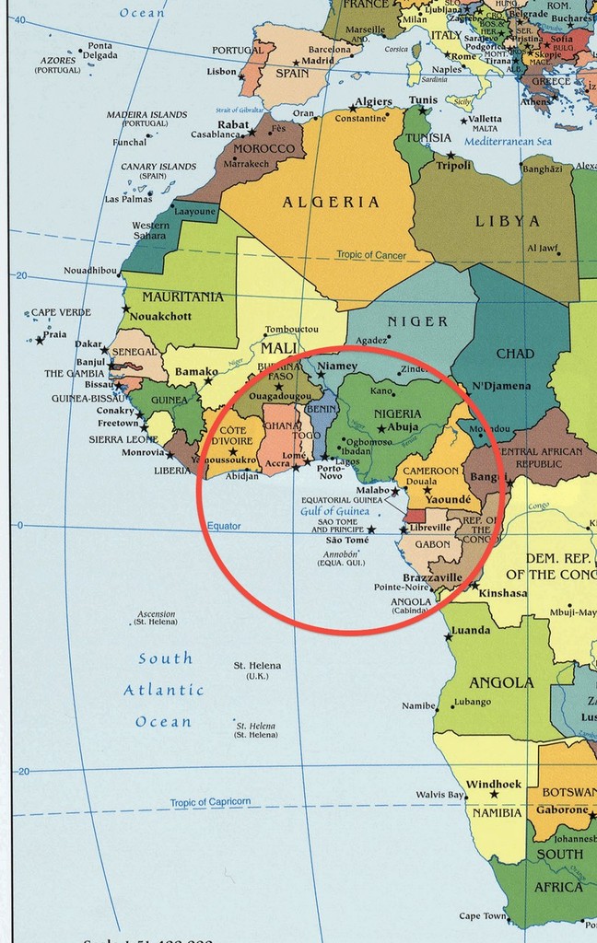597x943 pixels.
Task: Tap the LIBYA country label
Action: [x=507, y=221]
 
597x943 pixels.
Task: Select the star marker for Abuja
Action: [x=381, y=429]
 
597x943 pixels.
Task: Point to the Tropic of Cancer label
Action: [x=371, y=255]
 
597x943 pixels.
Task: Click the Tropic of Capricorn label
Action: [x=210, y=803]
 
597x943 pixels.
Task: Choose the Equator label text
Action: [x=224, y=527]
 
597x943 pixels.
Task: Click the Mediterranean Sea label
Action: [x=508, y=142]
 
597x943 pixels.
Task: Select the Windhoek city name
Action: [x=494, y=785]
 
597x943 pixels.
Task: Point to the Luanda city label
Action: [x=471, y=631]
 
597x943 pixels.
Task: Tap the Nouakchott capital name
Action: [x=160, y=316]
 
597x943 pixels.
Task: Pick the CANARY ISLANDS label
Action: [x=158, y=167]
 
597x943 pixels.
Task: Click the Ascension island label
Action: [x=156, y=614]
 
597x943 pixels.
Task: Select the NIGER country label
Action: [x=417, y=321]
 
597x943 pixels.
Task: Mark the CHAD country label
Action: [x=514, y=354]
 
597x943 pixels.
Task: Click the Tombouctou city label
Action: [x=291, y=330]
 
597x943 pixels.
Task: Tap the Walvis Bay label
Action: [x=439, y=795]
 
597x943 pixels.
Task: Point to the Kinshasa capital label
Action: [x=503, y=593]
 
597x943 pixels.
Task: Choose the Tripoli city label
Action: [x=453, y=166]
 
